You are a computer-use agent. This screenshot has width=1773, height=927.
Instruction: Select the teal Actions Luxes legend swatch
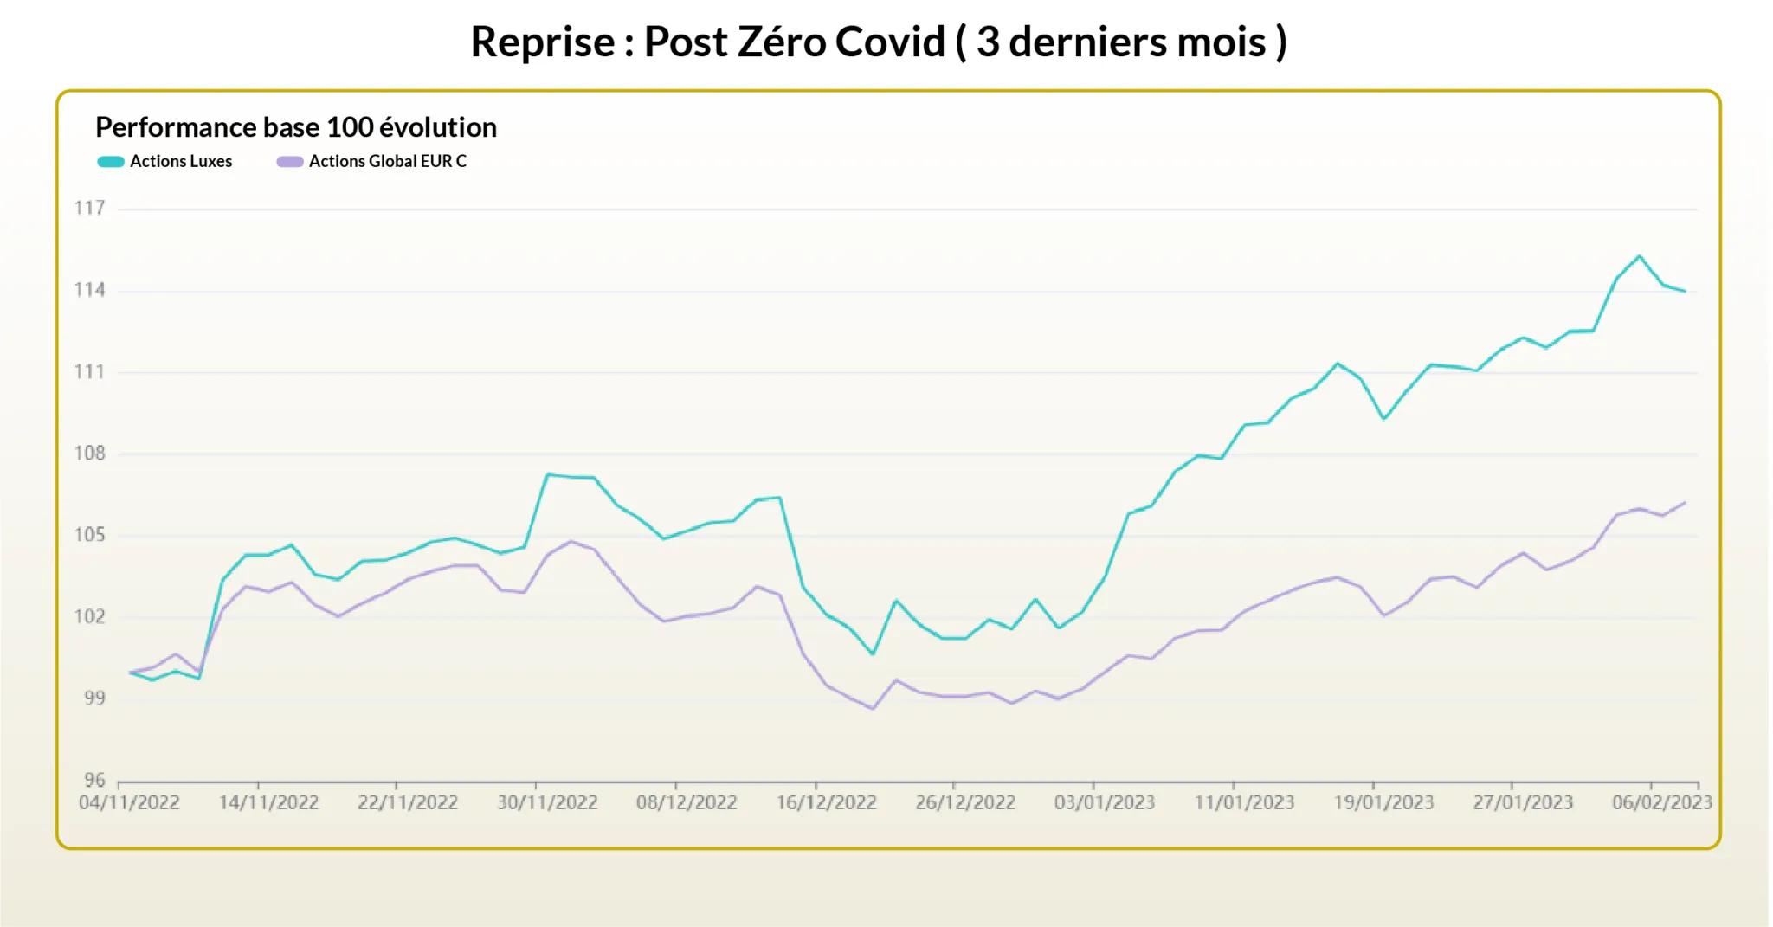[x=111, y=162]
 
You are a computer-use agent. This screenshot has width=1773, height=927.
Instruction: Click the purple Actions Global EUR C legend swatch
[x=289, y=162]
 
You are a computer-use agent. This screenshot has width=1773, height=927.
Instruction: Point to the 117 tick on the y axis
[x=89, y=208]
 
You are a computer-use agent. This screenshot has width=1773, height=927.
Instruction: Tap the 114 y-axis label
[x=89, y=290]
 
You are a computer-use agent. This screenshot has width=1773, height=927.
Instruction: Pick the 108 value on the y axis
[x=89, y=454]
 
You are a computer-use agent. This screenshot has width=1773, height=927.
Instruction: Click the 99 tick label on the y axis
[x=94, y=698]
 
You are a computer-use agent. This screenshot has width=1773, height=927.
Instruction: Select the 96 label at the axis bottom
[x=94, y=780]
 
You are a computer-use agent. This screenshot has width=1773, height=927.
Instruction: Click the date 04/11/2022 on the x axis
[x=129, y=802]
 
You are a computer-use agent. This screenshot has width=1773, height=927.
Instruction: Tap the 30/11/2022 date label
[x=547, y=802]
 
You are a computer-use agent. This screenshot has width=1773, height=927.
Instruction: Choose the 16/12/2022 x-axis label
[x=826, y=802]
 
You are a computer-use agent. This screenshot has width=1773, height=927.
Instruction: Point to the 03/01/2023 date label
[x=1105, y=802]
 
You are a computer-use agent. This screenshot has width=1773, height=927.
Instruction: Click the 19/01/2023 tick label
[x=1383, y=802]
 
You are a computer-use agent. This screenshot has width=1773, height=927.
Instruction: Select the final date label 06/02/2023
[x=1661, y=802]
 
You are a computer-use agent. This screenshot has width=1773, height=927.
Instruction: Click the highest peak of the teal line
[x=1640, y=256]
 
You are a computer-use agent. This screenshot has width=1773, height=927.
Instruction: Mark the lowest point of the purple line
[x=873, y=709]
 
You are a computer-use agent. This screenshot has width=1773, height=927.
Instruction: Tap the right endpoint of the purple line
[x=1685, y=503]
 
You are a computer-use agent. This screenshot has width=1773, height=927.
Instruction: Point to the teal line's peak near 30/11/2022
[x=548, y=473]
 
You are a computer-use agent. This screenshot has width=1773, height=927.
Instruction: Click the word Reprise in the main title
[x=543, y=42]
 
